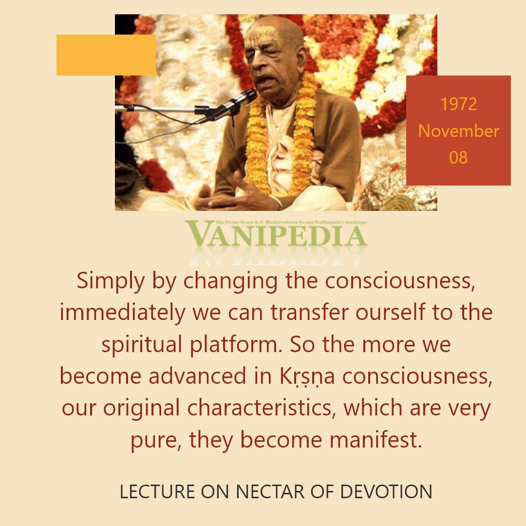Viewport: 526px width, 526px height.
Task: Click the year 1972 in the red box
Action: [458, 104]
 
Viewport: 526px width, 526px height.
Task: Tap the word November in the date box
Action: [459, 131]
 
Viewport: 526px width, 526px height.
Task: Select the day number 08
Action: [458, 157]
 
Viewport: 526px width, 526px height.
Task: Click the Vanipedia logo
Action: [276, 235]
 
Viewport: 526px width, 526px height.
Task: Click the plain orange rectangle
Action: [106, 55]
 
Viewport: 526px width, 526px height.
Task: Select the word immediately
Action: [122, 313]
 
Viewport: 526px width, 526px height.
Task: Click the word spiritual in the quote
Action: [142, 345]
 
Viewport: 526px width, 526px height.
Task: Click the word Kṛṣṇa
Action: [307, 376]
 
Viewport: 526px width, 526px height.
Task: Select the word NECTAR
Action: [270, 491]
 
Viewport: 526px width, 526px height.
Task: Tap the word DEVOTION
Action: [386, 491]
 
